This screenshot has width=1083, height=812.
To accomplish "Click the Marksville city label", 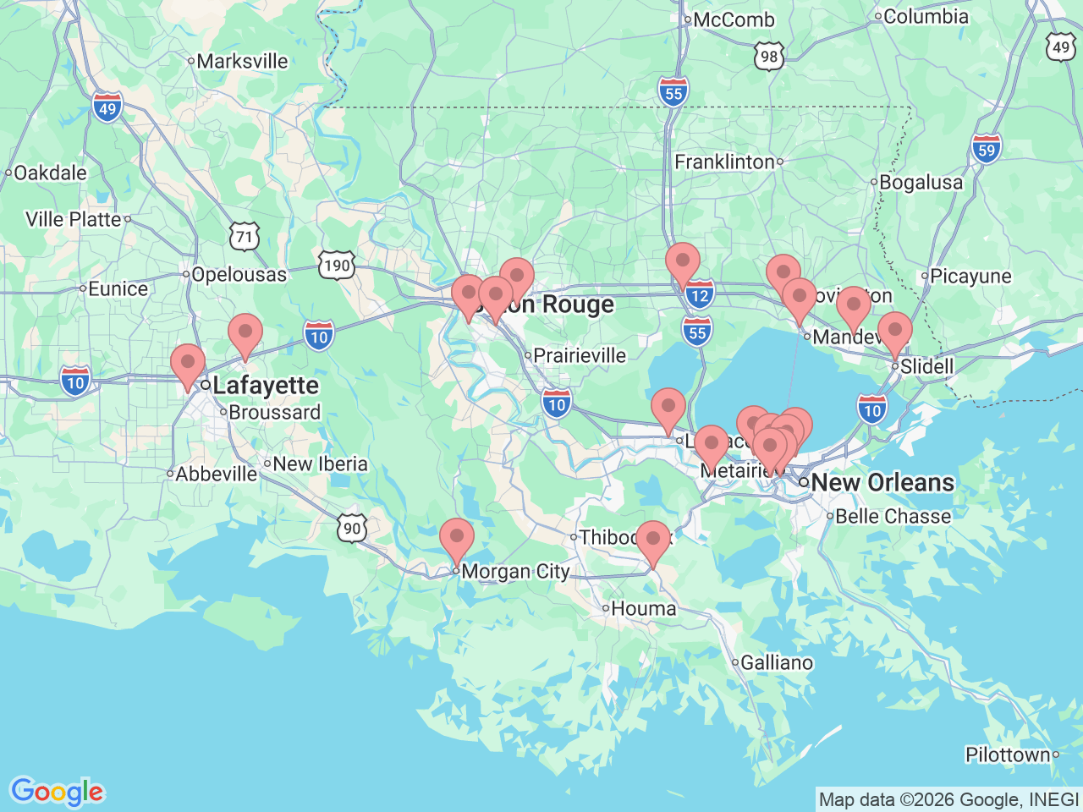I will (x=242, y=62).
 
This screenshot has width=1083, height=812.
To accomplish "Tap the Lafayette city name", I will (x=266, y=386).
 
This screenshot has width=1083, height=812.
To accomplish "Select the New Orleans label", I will (x=882, y=483).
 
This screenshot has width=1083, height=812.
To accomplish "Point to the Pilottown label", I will (x=1008, y=754).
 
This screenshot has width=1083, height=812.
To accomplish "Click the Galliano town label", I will (x=777, y=663).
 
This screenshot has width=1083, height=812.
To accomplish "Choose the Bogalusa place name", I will (x=921, y=183).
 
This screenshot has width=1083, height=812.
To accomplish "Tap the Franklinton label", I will (x=724, y=162).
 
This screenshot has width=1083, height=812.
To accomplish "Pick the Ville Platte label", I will (x=74, y=219).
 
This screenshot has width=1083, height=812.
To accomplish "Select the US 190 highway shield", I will (x=336, y=266).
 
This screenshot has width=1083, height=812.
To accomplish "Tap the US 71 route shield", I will (x=245, y=237).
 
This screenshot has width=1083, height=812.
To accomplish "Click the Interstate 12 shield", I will (x=699, y=295).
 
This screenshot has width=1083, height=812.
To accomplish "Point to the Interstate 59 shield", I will (x=986, y=151).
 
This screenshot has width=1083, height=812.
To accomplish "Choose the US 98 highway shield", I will (x=768, y=57).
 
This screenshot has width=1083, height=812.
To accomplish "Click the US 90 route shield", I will (x=352, y=529).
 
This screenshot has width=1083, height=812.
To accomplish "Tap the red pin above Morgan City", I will (x=457, y=538).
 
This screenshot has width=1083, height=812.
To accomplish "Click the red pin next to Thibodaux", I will (x=652, y=540).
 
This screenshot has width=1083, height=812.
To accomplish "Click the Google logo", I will (x=57, y=793).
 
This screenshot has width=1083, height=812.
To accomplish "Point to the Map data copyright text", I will (x=948, y=799).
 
